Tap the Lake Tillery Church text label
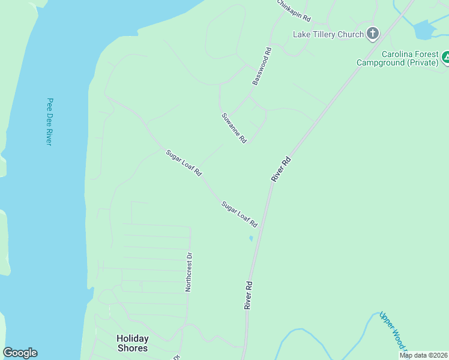click(328, 34)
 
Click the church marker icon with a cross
click(373, 34)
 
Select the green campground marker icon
click(446, 58)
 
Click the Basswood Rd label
click(262, 66)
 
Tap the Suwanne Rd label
click(234, 128)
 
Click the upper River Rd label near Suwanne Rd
click(281, 169)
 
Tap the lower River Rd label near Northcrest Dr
click(247, 295)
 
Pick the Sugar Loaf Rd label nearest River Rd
click(240, 214)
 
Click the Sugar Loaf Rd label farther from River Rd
click(184, 163)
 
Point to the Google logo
click(20, 353)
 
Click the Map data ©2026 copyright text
click(423, 355)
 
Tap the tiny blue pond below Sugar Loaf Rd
click(251, 238)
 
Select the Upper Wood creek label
click(393, 332)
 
